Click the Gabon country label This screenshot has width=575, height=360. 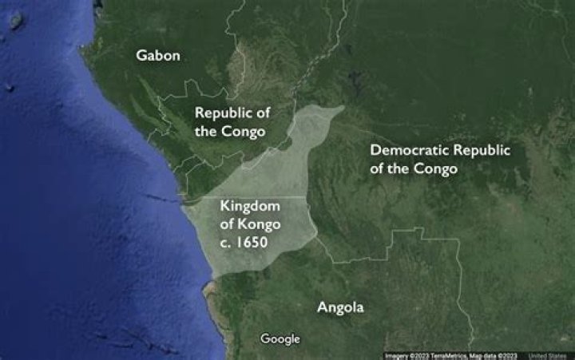(x=158, y=56)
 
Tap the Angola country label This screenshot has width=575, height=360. (x=340, y=307)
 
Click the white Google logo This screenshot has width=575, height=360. (x=280, y=339)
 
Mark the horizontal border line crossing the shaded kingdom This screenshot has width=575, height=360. (x=264, y=196)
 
